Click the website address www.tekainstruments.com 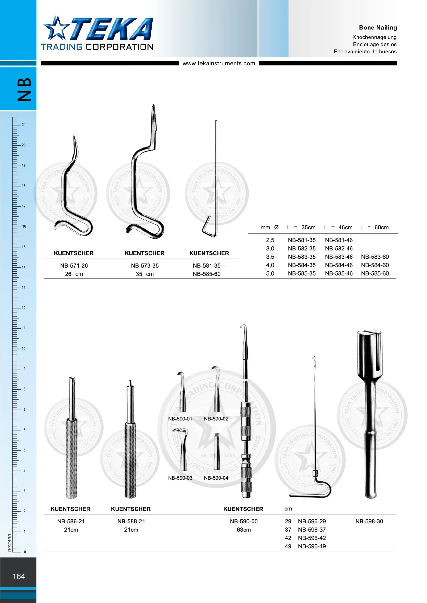click(x=219, y=63)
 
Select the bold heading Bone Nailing click(x=378, y=28)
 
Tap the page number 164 click(x=19, y=576)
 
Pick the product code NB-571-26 click(x=74, y=265)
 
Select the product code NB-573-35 click(x=145, y=265)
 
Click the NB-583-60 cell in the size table click(x=375, y=257)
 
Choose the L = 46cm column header click(x=338, y=228)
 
